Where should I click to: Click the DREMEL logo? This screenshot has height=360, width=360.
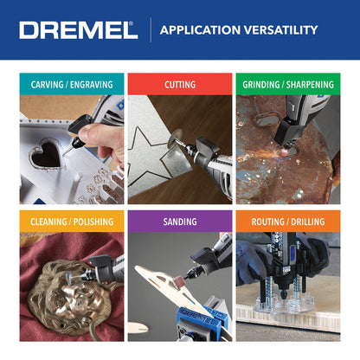click(79, 30)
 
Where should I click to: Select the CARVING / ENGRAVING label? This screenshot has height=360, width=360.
click(71, 85)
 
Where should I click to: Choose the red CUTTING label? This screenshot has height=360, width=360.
click(180, 85)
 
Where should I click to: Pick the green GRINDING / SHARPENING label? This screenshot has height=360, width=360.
click(288, 85)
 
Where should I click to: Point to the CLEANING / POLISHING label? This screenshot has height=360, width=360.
click(71, 222)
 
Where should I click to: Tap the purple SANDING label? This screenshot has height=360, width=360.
click(180, 222)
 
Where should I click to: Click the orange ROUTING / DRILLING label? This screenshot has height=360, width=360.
click(288, 222)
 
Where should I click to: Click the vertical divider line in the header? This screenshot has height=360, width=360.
click(151, 30)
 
